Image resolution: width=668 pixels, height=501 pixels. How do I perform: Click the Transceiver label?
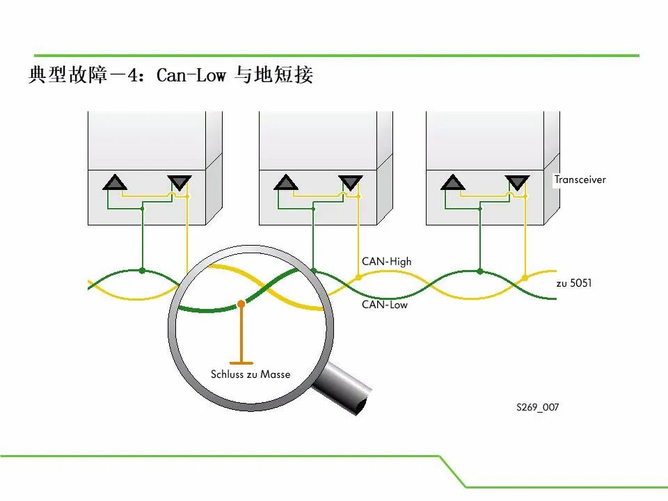(x=580, y=180)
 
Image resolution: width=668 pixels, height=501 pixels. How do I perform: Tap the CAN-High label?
(x=386, y=261)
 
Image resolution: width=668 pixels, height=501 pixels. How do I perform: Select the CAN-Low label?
(x=385, y=305)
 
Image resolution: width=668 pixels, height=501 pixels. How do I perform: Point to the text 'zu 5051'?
(x=574, y=283)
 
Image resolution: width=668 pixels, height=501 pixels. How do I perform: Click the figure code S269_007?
(x=538, y=407)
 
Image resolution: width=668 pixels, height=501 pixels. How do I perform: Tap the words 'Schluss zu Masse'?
(x=250, y=374)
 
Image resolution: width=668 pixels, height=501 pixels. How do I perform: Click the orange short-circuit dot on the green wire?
(x=241, y=304)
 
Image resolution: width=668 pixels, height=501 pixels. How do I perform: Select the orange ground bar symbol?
(x=241, y=363)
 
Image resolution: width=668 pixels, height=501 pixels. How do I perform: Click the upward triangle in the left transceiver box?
(x=115, y=183)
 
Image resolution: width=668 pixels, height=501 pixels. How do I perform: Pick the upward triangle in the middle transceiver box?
(x=286, y=183)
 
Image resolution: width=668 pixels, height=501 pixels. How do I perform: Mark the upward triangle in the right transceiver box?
(x=453, y=183)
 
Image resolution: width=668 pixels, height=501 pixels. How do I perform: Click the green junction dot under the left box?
(x=142, y=271)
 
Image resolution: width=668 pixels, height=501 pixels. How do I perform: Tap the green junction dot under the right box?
(x=480, y=271)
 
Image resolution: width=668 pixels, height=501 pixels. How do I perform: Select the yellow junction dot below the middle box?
(x=358, y=278)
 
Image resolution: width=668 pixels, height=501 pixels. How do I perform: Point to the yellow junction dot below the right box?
(x=525, y=278)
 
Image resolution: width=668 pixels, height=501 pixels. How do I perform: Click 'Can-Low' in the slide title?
(x=191, y=75)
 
